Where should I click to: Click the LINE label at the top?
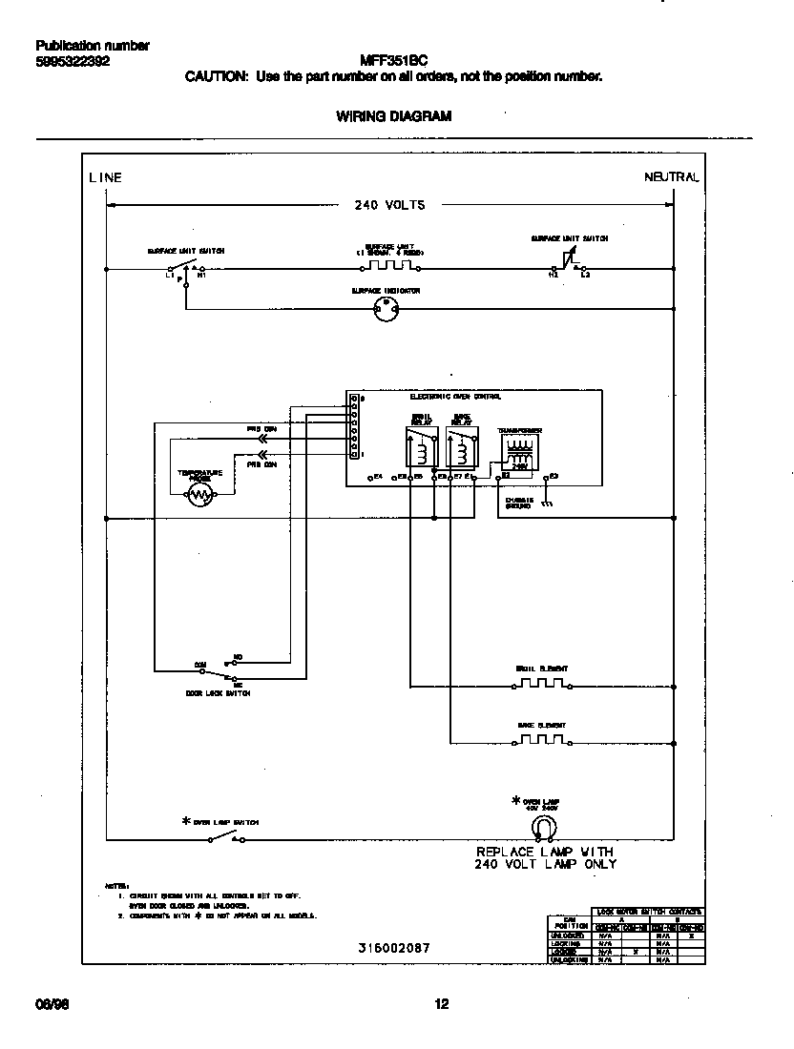(x=106, y=177)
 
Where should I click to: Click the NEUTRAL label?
(x=672, y=177)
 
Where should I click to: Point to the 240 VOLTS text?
(x=389, y=204)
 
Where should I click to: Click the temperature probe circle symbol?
(x=199, y=493)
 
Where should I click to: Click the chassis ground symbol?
(x=546, y=503)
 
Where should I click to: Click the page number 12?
(x=441, y=1003)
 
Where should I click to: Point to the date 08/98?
(x=51, y=1003)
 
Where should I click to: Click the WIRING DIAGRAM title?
(x=394, y=116)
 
